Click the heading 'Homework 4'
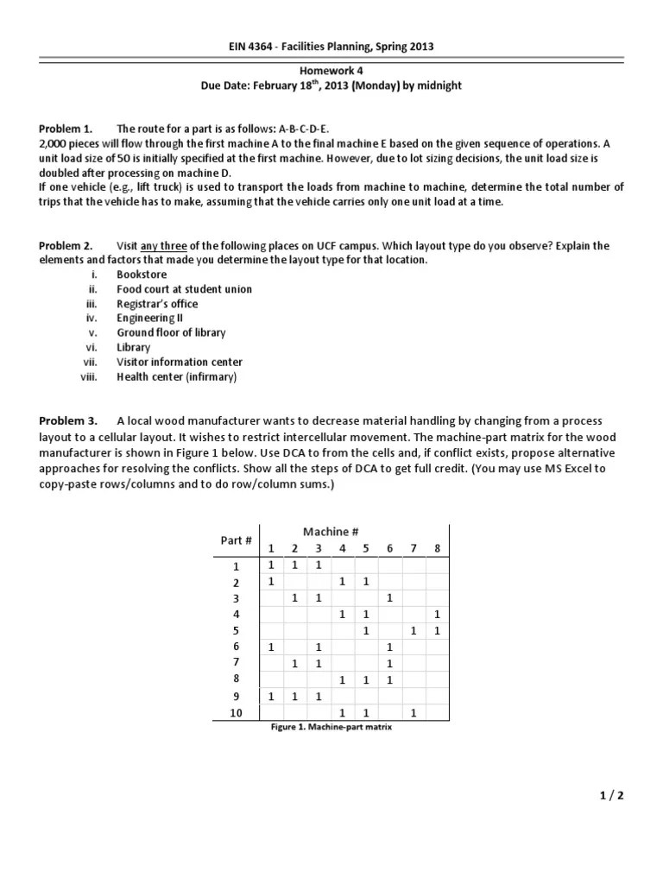tap(331, 72)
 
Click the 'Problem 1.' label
tap(66, 127)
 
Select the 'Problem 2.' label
tap(66, 246)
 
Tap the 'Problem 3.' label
tap(67, 421)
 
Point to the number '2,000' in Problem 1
tap(54, 142)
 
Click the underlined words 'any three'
tap(163, 246)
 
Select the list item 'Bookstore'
tap(142, 275)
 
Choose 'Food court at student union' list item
tap(184, 289)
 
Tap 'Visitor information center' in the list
tap(180, 362)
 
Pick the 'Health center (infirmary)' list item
tap(176, 376)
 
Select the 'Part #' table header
tap(236, 540)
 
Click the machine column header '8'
tap(438, 549)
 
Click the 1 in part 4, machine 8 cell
tap(438, 614)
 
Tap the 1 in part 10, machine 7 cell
tap(414, 713)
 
